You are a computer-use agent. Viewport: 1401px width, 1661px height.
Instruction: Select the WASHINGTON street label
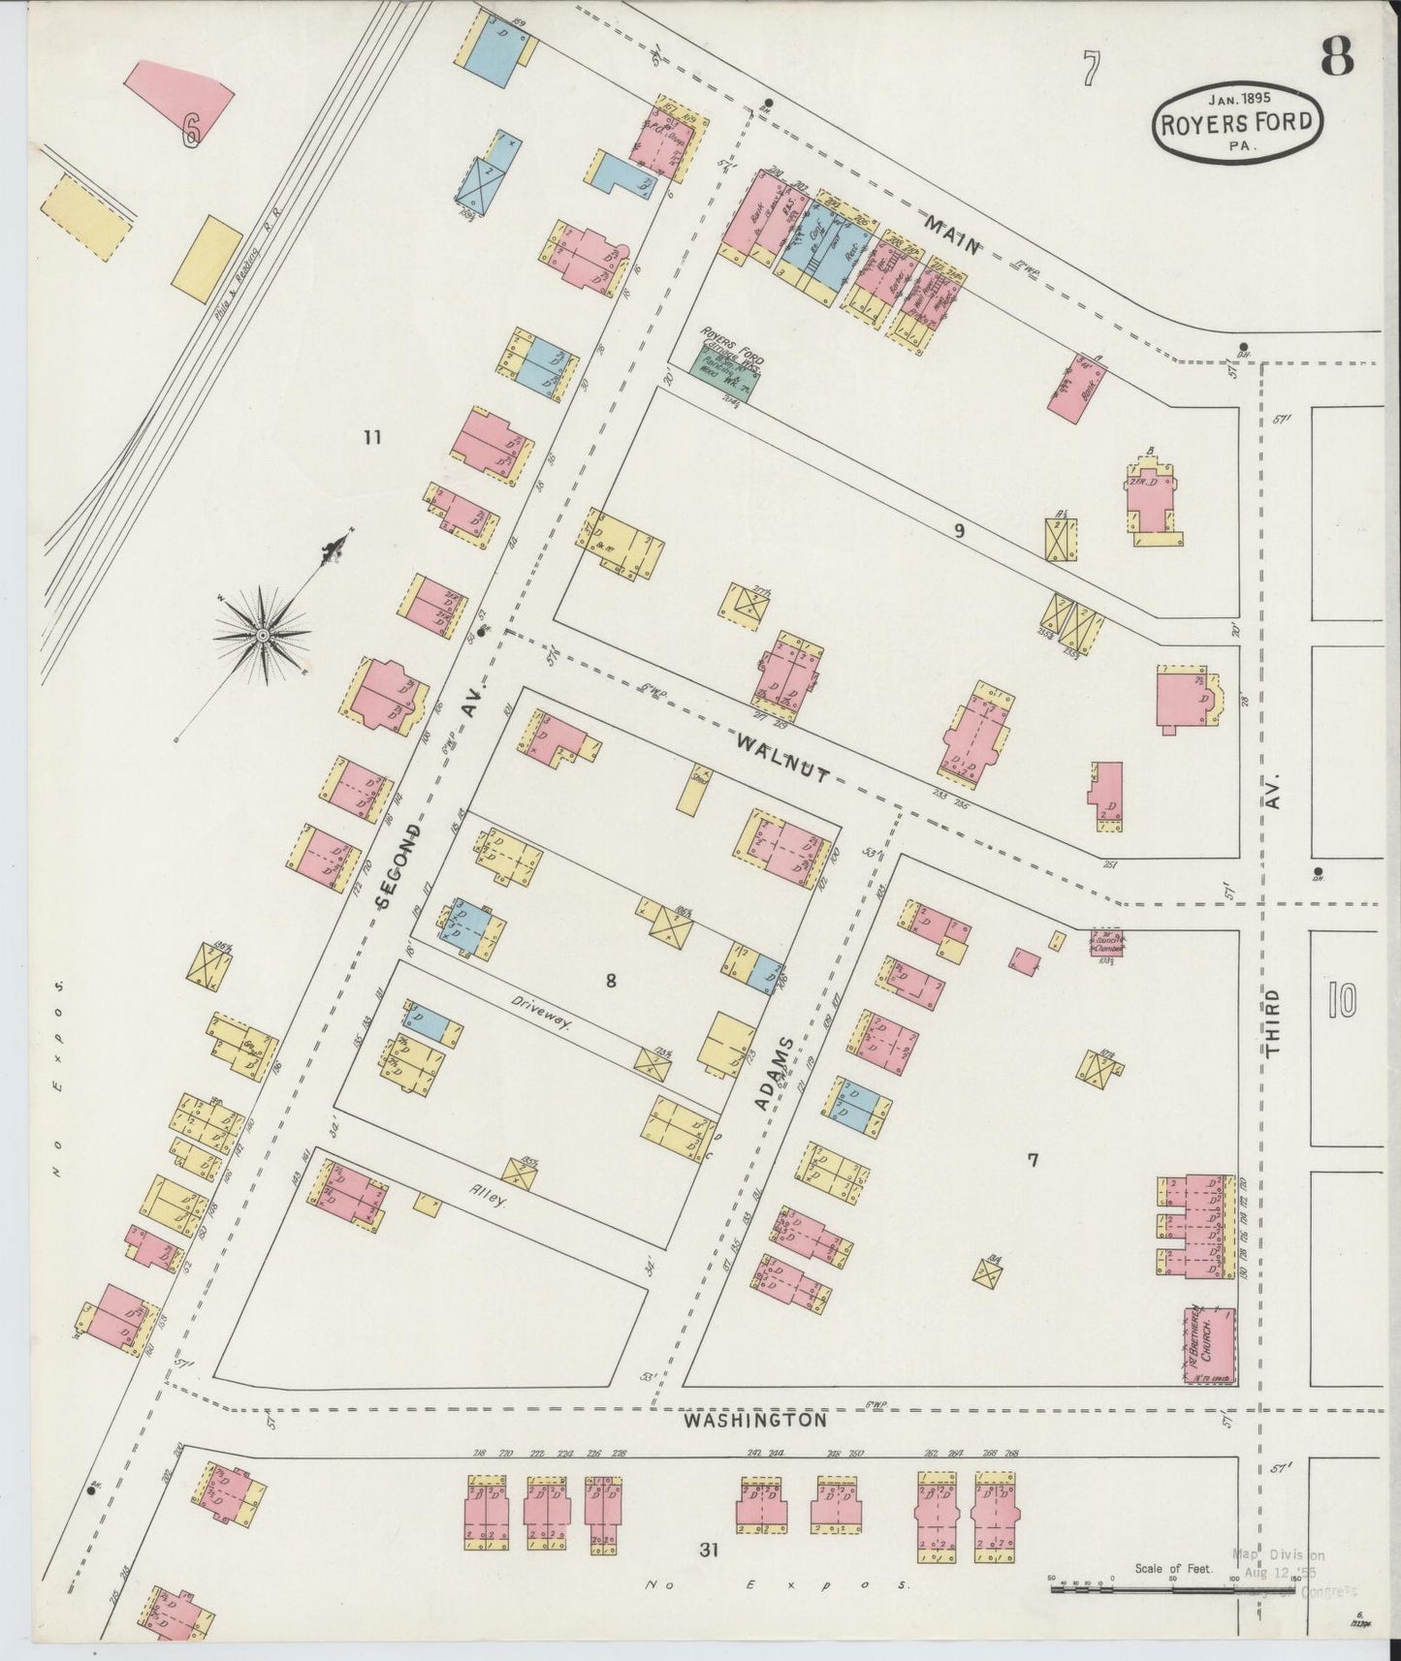coord(755,1420)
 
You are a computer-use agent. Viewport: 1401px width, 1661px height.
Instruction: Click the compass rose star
coord(262,635)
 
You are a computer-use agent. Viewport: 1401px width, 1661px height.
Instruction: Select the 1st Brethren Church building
coord(1208,1343)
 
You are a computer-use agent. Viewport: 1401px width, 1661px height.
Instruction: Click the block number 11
coord(371,437)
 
